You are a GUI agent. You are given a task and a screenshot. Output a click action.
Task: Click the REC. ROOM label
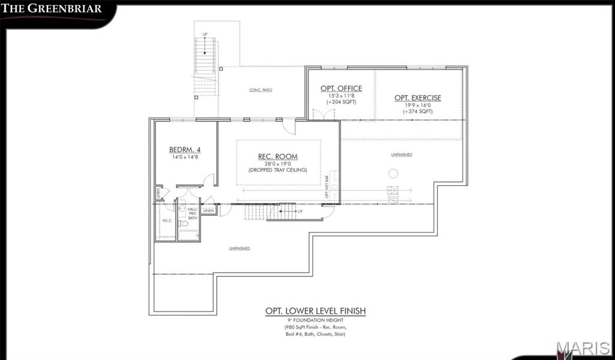(x=278, y=156)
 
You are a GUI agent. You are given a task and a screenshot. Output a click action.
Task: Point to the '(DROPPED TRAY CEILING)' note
(x=278, y=170)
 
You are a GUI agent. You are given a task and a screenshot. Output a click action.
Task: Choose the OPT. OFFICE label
(x=341, y=88)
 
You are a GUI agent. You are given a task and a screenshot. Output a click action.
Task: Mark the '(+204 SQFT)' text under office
(x=341, y=102)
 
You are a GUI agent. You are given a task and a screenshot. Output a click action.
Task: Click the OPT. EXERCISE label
(x=417, y=98)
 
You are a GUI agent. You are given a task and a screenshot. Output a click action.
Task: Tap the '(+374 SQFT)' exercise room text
(x=417, y=111)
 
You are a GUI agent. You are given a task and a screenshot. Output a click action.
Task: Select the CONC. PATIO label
(x=261, y=90)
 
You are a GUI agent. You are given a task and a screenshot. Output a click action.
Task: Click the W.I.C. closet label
(x=166, y=221)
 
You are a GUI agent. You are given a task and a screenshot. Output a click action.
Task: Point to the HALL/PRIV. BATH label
(x=192, y=213)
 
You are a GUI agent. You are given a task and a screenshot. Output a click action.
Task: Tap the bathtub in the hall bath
(x=189, y=235)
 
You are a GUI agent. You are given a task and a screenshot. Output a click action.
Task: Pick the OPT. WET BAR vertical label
(x=327, y=187)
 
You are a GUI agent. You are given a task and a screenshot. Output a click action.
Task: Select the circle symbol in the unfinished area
(x=393, y=174)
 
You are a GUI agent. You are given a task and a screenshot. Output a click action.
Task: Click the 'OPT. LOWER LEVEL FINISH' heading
(x=315, y=311)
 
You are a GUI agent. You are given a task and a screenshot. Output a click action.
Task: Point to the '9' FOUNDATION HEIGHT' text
(x=315, y=320)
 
